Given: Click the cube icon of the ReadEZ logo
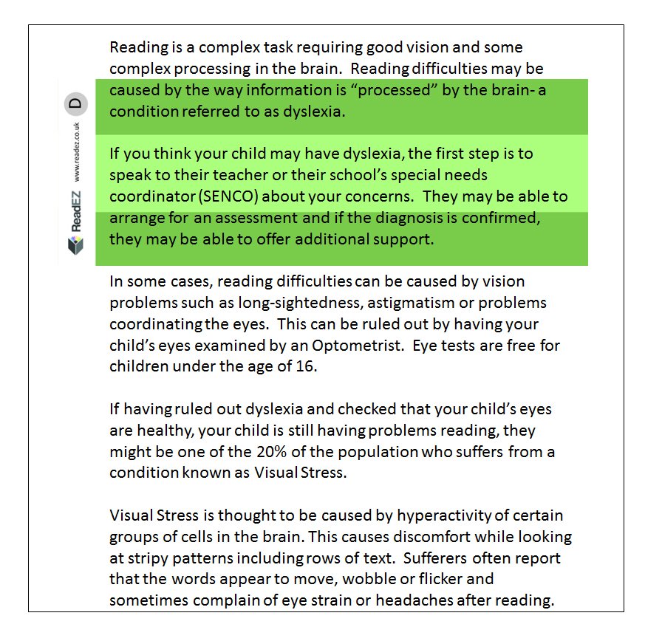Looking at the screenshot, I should (x=76, y=244).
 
